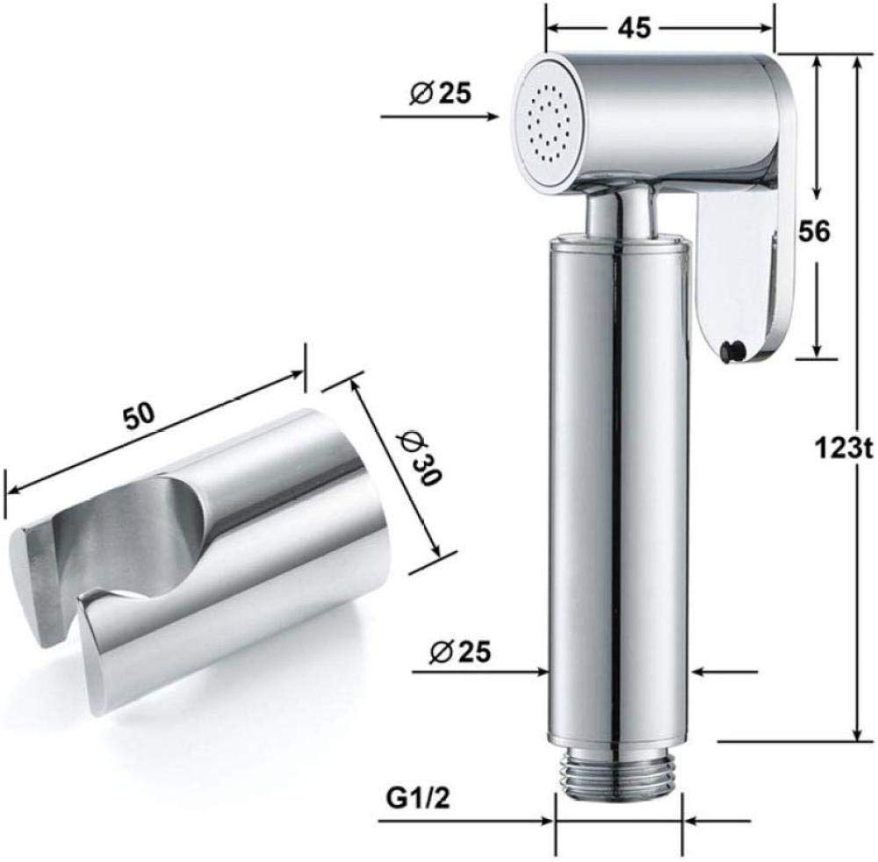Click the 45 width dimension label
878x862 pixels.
pos(635,28)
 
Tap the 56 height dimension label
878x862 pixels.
pos(814,231)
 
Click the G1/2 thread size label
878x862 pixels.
pos(418,799)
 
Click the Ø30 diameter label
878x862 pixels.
pos(421,459)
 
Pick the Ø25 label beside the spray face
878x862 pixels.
pos(440,93)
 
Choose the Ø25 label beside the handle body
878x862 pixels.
pos(460,651)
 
